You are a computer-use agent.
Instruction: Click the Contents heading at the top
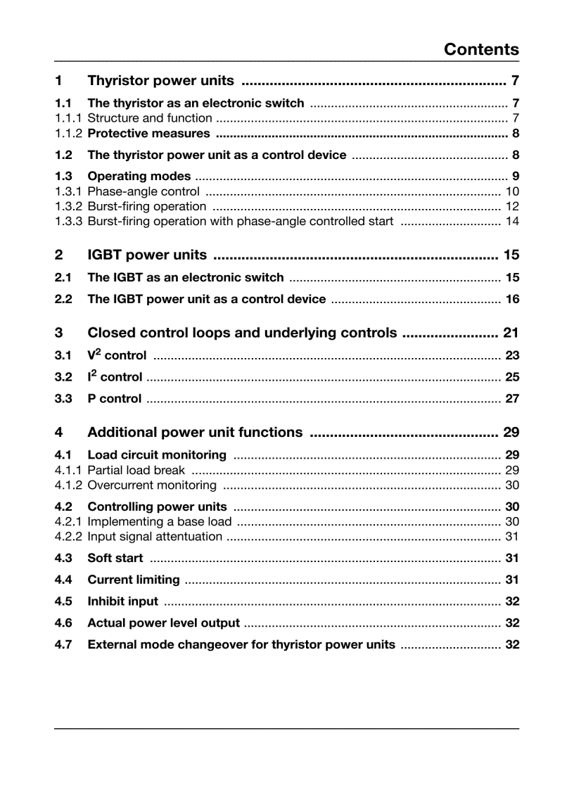pos(481,49)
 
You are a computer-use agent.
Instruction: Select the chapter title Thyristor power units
pos(160,80)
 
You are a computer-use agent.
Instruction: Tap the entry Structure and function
pos(149,118)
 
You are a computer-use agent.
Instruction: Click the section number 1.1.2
pos(68,134)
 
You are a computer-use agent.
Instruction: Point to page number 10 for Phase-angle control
pos(512,191)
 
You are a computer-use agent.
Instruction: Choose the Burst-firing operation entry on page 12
pos(146,206)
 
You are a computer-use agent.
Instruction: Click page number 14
pos(512,222)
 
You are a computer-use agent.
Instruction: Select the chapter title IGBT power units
pos(147,255)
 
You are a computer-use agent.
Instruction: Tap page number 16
pos(512,299)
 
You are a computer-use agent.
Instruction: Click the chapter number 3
pos(58,333)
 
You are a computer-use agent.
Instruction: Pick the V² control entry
pos(117,355)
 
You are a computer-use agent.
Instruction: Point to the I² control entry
pos(115,377)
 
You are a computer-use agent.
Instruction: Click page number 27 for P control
pos(512,399)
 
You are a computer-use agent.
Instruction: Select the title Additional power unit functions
pos(195,432)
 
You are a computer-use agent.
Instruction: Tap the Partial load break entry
pos(136,470)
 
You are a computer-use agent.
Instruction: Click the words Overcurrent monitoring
pos(152,485)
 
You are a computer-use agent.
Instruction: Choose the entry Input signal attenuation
pos(155,537)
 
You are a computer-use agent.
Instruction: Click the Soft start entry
pos(115,558)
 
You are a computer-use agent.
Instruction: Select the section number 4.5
pos(63,601)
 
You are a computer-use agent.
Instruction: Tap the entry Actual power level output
pos(163,623)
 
